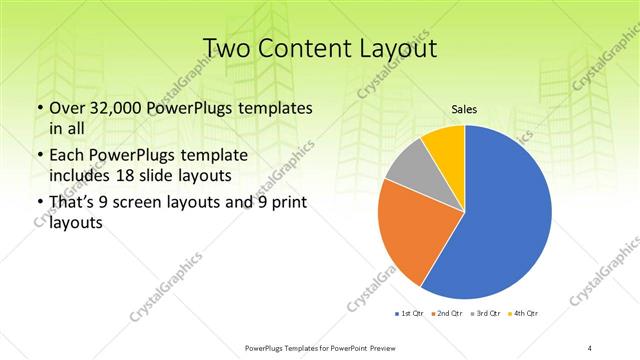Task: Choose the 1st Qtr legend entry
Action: [409, 314]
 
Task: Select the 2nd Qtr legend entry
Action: [447, 314]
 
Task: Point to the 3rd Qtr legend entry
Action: [486, 314]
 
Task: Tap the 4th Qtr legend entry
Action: [524, 314]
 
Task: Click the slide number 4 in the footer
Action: [590, 347]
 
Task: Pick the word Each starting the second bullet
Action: [66, 156]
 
